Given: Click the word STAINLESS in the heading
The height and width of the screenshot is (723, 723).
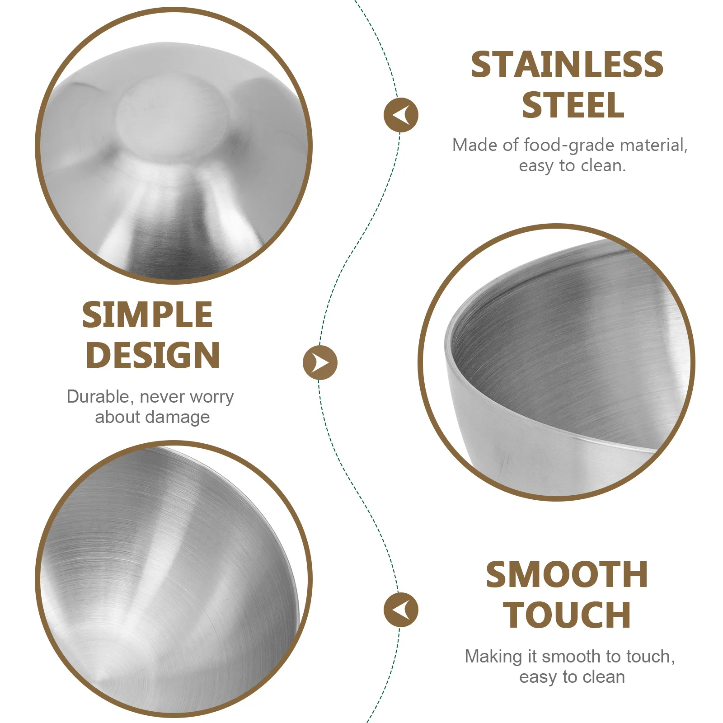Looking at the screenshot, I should (567, 65).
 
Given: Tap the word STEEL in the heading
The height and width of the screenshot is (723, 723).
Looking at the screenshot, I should (573, 105).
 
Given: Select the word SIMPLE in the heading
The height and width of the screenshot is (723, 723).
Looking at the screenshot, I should (147, 315).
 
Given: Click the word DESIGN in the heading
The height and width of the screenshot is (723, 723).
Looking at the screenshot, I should (153, 355).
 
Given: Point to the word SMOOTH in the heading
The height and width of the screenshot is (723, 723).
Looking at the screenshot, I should (567, 575).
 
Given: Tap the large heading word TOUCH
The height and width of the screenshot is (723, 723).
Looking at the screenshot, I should (567, 615).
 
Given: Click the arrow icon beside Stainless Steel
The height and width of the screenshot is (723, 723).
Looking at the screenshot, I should (401, 115).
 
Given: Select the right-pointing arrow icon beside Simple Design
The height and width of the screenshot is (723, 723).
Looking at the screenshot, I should (320, 362).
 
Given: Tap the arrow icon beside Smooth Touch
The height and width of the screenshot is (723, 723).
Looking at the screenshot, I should (401, 610).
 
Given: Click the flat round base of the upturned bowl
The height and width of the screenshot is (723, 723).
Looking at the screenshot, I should (172, 120).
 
